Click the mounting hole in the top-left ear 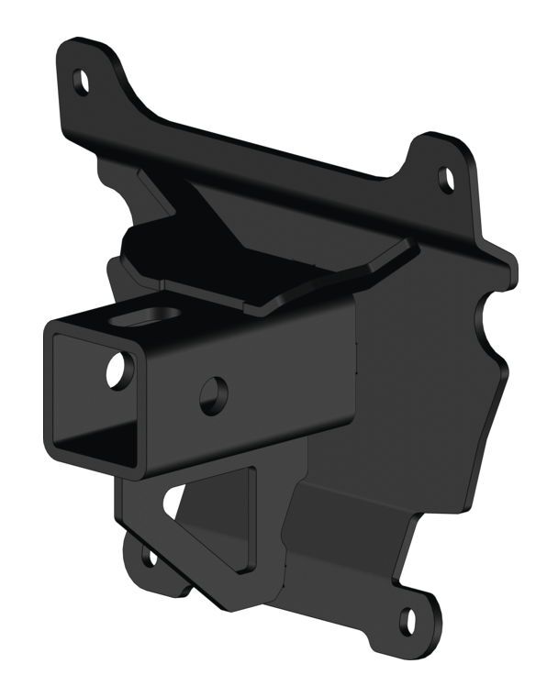coord(82,83)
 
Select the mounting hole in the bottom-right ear coord(409,621)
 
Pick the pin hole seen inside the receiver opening coord(117,369)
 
